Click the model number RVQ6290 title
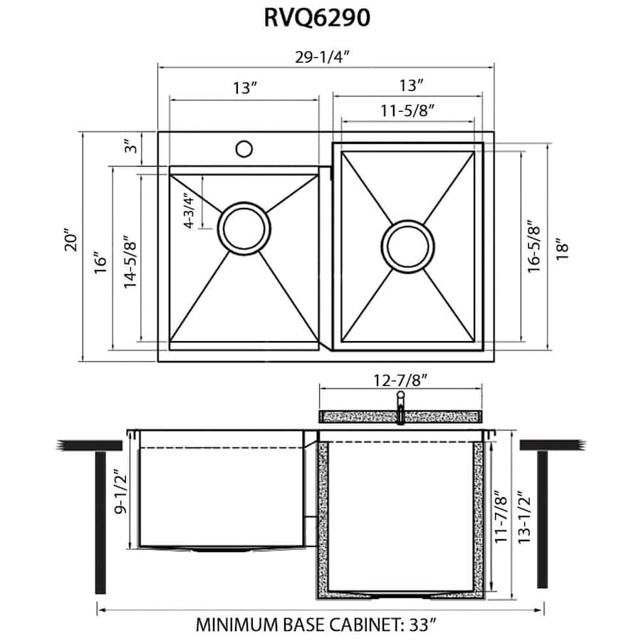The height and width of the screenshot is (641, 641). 318,19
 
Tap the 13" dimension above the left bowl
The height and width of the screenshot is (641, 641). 244,88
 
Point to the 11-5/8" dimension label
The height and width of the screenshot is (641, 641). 407,110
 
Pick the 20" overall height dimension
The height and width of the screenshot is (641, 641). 68,246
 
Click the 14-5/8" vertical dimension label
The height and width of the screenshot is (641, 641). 129,260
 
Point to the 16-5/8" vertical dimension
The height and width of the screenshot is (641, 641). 533,246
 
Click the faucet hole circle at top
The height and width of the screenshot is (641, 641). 244,149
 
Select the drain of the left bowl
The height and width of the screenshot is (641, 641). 244,228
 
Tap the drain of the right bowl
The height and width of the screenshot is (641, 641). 408,245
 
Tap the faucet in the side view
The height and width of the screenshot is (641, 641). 401,406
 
